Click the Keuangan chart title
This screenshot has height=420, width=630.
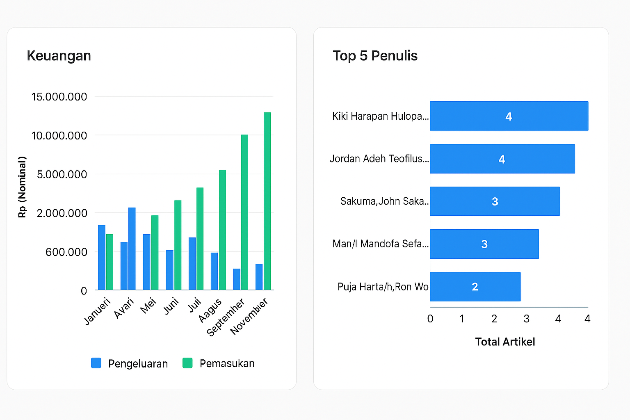click(x=59, y=56)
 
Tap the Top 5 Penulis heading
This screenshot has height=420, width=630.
click(x=375, y=56)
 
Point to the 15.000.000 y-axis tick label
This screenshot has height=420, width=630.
click(x=59, y=97)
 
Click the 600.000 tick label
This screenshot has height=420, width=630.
click(x=66, y=252)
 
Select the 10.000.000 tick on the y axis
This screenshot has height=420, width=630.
click(x=59, y=136)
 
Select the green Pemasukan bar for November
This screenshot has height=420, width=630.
click(x=267, y=201)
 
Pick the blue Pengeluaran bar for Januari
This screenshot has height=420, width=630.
click(x=102, y=257)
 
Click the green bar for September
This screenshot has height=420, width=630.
click(x=244, y=212)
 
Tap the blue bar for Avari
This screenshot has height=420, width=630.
click(x=132, y=249)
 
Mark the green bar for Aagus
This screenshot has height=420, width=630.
click(x=222, y=230)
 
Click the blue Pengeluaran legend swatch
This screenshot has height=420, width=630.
click(x=96, y=363)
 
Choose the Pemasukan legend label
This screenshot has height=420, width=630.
click(x=227, y=363)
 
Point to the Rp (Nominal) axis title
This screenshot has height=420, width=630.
click(x=22, y=187)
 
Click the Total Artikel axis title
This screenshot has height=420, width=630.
click(x=505, y=342)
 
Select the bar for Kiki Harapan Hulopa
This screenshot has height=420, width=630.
click(x=509, y=116)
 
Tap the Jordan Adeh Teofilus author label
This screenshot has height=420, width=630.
click(x=379, y=159)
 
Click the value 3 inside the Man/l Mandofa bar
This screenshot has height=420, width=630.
click(x=484, y=244)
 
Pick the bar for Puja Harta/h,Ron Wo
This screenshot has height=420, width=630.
click(x=475, y=287)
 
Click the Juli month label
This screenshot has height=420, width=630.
click(x=194, y=305)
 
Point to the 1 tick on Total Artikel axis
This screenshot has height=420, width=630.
click(x=462, y=319)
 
